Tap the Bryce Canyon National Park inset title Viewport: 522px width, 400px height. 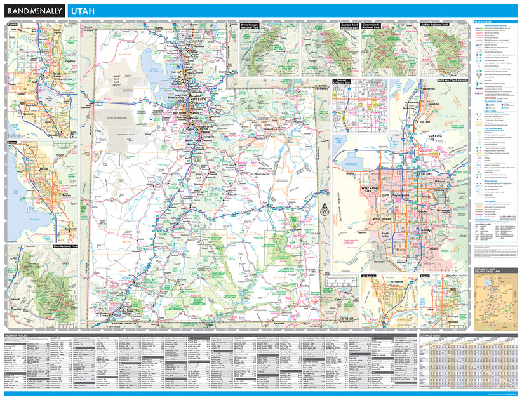point(250,27)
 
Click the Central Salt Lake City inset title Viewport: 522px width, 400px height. point(343,84)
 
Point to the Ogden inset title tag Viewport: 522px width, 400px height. point(11,24)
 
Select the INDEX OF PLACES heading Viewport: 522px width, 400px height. point(18,335)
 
